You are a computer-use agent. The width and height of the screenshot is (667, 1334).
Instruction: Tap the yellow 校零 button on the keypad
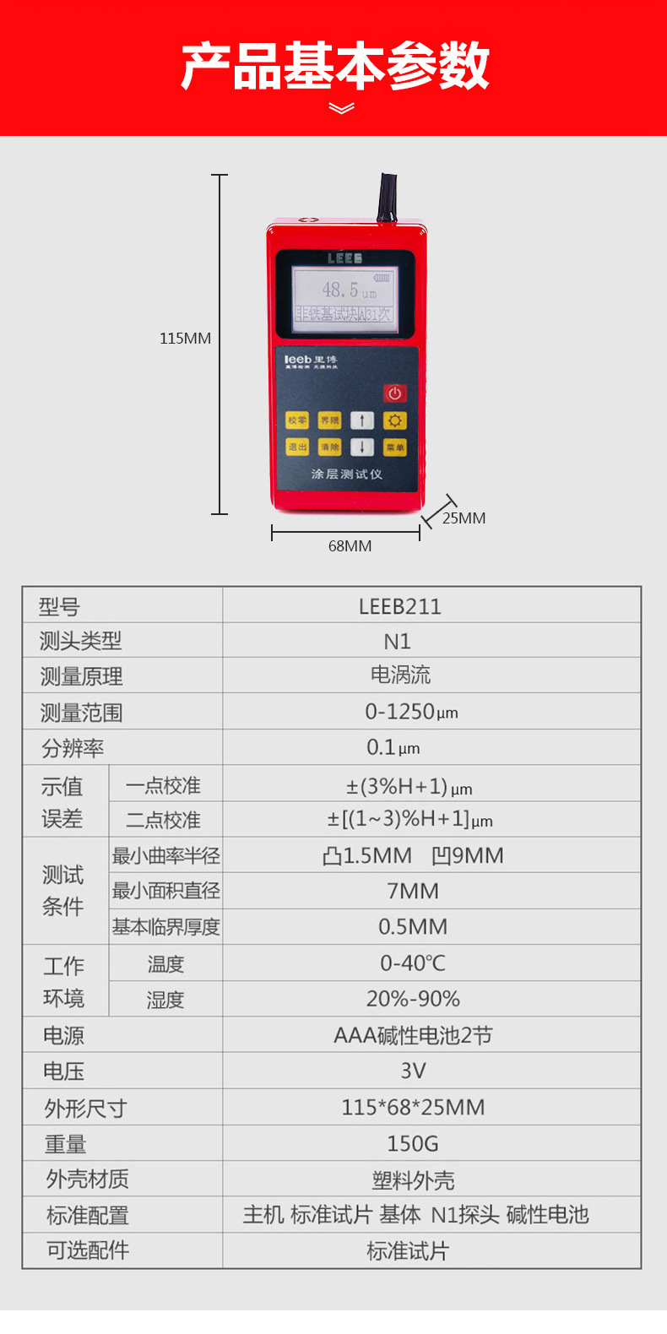(x=297, y=420)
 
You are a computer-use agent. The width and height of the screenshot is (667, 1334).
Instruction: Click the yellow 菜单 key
(x=394, y=447)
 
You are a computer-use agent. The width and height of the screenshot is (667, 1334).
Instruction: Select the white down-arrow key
(x=362, y=447)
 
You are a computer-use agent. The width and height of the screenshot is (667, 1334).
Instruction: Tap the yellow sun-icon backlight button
(x=394, y=420)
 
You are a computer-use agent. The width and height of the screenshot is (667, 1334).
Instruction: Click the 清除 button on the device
(x=329, y=447)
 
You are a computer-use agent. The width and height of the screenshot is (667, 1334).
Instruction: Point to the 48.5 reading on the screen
(x=341, y=290)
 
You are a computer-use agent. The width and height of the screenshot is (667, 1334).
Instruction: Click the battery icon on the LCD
(x=382, y=277)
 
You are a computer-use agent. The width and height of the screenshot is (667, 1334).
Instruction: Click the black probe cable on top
(x=388, y=198)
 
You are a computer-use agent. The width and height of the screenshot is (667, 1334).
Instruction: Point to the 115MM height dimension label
(x=185, y=339)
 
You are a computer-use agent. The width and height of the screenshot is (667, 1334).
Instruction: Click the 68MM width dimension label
(x=350, y=546)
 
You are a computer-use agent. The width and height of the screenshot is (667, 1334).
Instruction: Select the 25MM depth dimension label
(x=464, y=518)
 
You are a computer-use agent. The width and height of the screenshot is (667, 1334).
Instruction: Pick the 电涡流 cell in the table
(x=400, y=675)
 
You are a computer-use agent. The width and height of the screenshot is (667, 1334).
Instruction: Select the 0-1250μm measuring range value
(x=411, y=712)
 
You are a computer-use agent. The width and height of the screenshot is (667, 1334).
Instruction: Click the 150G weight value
(x=412, y=1143)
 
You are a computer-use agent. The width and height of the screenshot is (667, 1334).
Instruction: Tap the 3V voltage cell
(x=412, y=1071)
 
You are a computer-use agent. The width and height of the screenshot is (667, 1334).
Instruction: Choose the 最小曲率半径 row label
(x=165, y=855)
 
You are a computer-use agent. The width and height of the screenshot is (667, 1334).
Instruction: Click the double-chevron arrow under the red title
(x=341, y=108)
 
